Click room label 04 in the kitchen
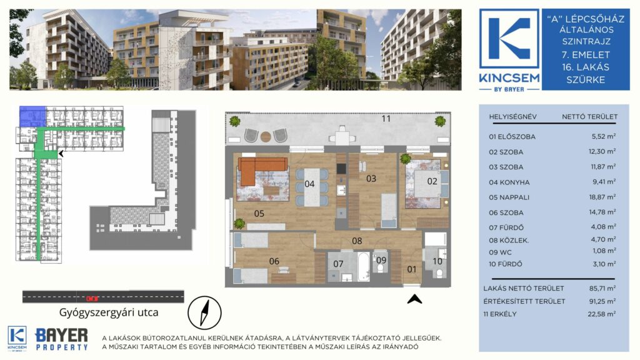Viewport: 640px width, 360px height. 309,184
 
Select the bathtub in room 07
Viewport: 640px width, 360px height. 364,266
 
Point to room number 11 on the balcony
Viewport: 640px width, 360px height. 386,118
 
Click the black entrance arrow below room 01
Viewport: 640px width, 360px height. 414,299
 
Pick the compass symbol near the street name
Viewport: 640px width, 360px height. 204,313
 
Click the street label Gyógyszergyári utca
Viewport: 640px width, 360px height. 109,312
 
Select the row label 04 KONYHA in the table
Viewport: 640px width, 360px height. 509,182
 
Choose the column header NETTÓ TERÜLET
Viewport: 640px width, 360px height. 589,117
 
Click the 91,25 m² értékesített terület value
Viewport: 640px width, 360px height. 602,301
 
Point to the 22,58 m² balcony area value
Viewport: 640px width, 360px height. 602,314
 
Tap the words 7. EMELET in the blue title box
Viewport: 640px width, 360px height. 586,55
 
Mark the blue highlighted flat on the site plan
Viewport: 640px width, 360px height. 32,116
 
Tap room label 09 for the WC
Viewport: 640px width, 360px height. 381,261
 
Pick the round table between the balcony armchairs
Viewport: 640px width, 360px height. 266,136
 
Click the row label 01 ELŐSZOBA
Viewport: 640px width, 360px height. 512,137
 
